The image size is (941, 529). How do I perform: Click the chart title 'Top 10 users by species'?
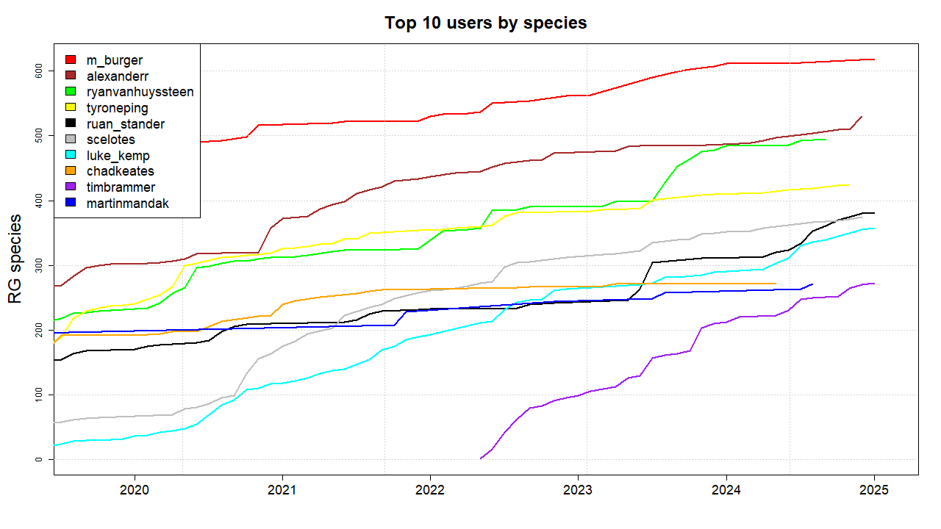[485, 23]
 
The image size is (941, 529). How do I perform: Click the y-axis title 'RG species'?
[15, 259]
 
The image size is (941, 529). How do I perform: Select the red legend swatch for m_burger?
[71, 60]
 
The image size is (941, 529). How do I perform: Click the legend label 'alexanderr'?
[118, 76]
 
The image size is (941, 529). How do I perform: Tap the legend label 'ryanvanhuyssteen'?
[140, 92]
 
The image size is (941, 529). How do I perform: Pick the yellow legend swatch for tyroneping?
[71, 108]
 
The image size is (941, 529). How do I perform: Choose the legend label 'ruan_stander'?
[126, 124]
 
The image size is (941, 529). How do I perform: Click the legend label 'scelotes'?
[111, 140]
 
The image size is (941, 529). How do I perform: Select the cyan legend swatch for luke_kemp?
[71, 156]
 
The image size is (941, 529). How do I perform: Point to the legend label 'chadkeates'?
[121, 171]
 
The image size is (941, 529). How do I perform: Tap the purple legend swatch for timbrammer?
[71, 187]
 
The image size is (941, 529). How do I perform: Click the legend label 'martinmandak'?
[128, 204]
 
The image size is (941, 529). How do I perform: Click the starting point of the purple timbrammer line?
[481, 458]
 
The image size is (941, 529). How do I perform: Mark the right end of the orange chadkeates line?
[776, 284]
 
